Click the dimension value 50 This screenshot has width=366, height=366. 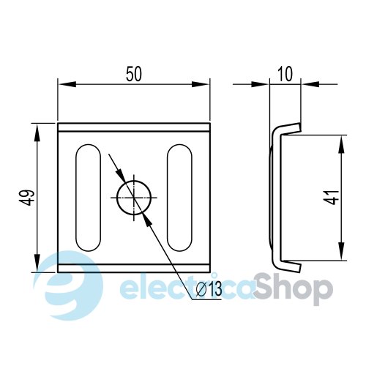134,74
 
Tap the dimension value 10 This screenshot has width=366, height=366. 285,74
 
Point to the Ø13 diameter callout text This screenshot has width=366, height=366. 209,288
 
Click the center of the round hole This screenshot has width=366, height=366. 134,198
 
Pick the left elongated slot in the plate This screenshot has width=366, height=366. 89,198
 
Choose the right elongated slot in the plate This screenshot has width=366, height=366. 179,198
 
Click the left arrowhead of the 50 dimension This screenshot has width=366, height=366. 67,84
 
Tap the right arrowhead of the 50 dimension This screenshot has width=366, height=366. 201,84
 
